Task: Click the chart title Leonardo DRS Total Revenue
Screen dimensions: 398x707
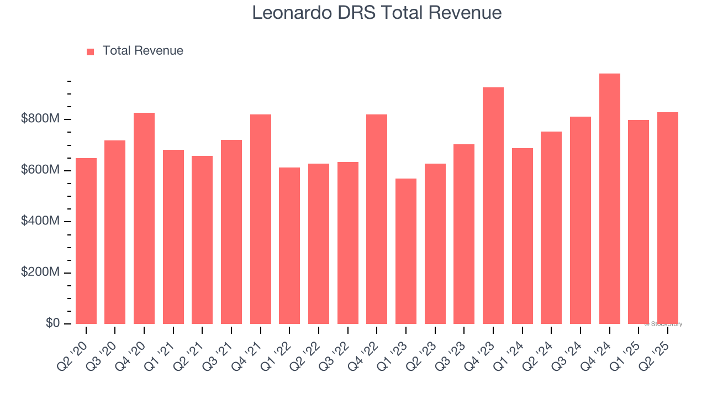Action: [377, 13]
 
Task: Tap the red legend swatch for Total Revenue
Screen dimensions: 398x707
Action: [91, 51]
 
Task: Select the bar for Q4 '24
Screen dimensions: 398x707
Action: [609, 198]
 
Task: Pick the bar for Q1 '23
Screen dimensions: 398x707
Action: [406, 251]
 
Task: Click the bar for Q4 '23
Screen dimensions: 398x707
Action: [493, 206]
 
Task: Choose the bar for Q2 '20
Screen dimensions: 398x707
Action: [86, 241]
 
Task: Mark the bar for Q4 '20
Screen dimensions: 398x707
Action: [144, 218]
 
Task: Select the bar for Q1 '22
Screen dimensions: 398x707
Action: [289, 245]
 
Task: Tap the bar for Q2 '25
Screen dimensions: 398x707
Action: [668, 218]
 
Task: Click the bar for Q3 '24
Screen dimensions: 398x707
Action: [581, 220]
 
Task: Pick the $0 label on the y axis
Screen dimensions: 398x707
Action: [52, 323]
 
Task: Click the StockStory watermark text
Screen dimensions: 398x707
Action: [663, 324]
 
